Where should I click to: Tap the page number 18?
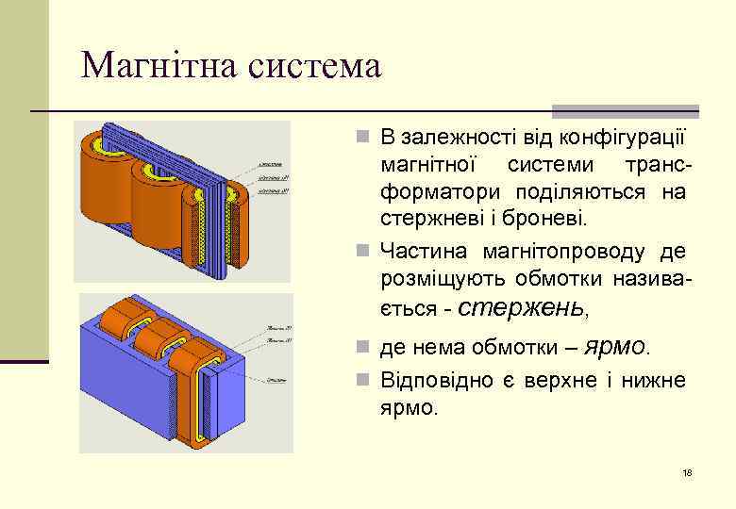[x=687, y=472]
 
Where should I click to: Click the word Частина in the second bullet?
[x=425, y=252]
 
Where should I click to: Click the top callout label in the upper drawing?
[x=273, y=163]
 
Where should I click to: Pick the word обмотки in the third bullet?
[x=513, y=349]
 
